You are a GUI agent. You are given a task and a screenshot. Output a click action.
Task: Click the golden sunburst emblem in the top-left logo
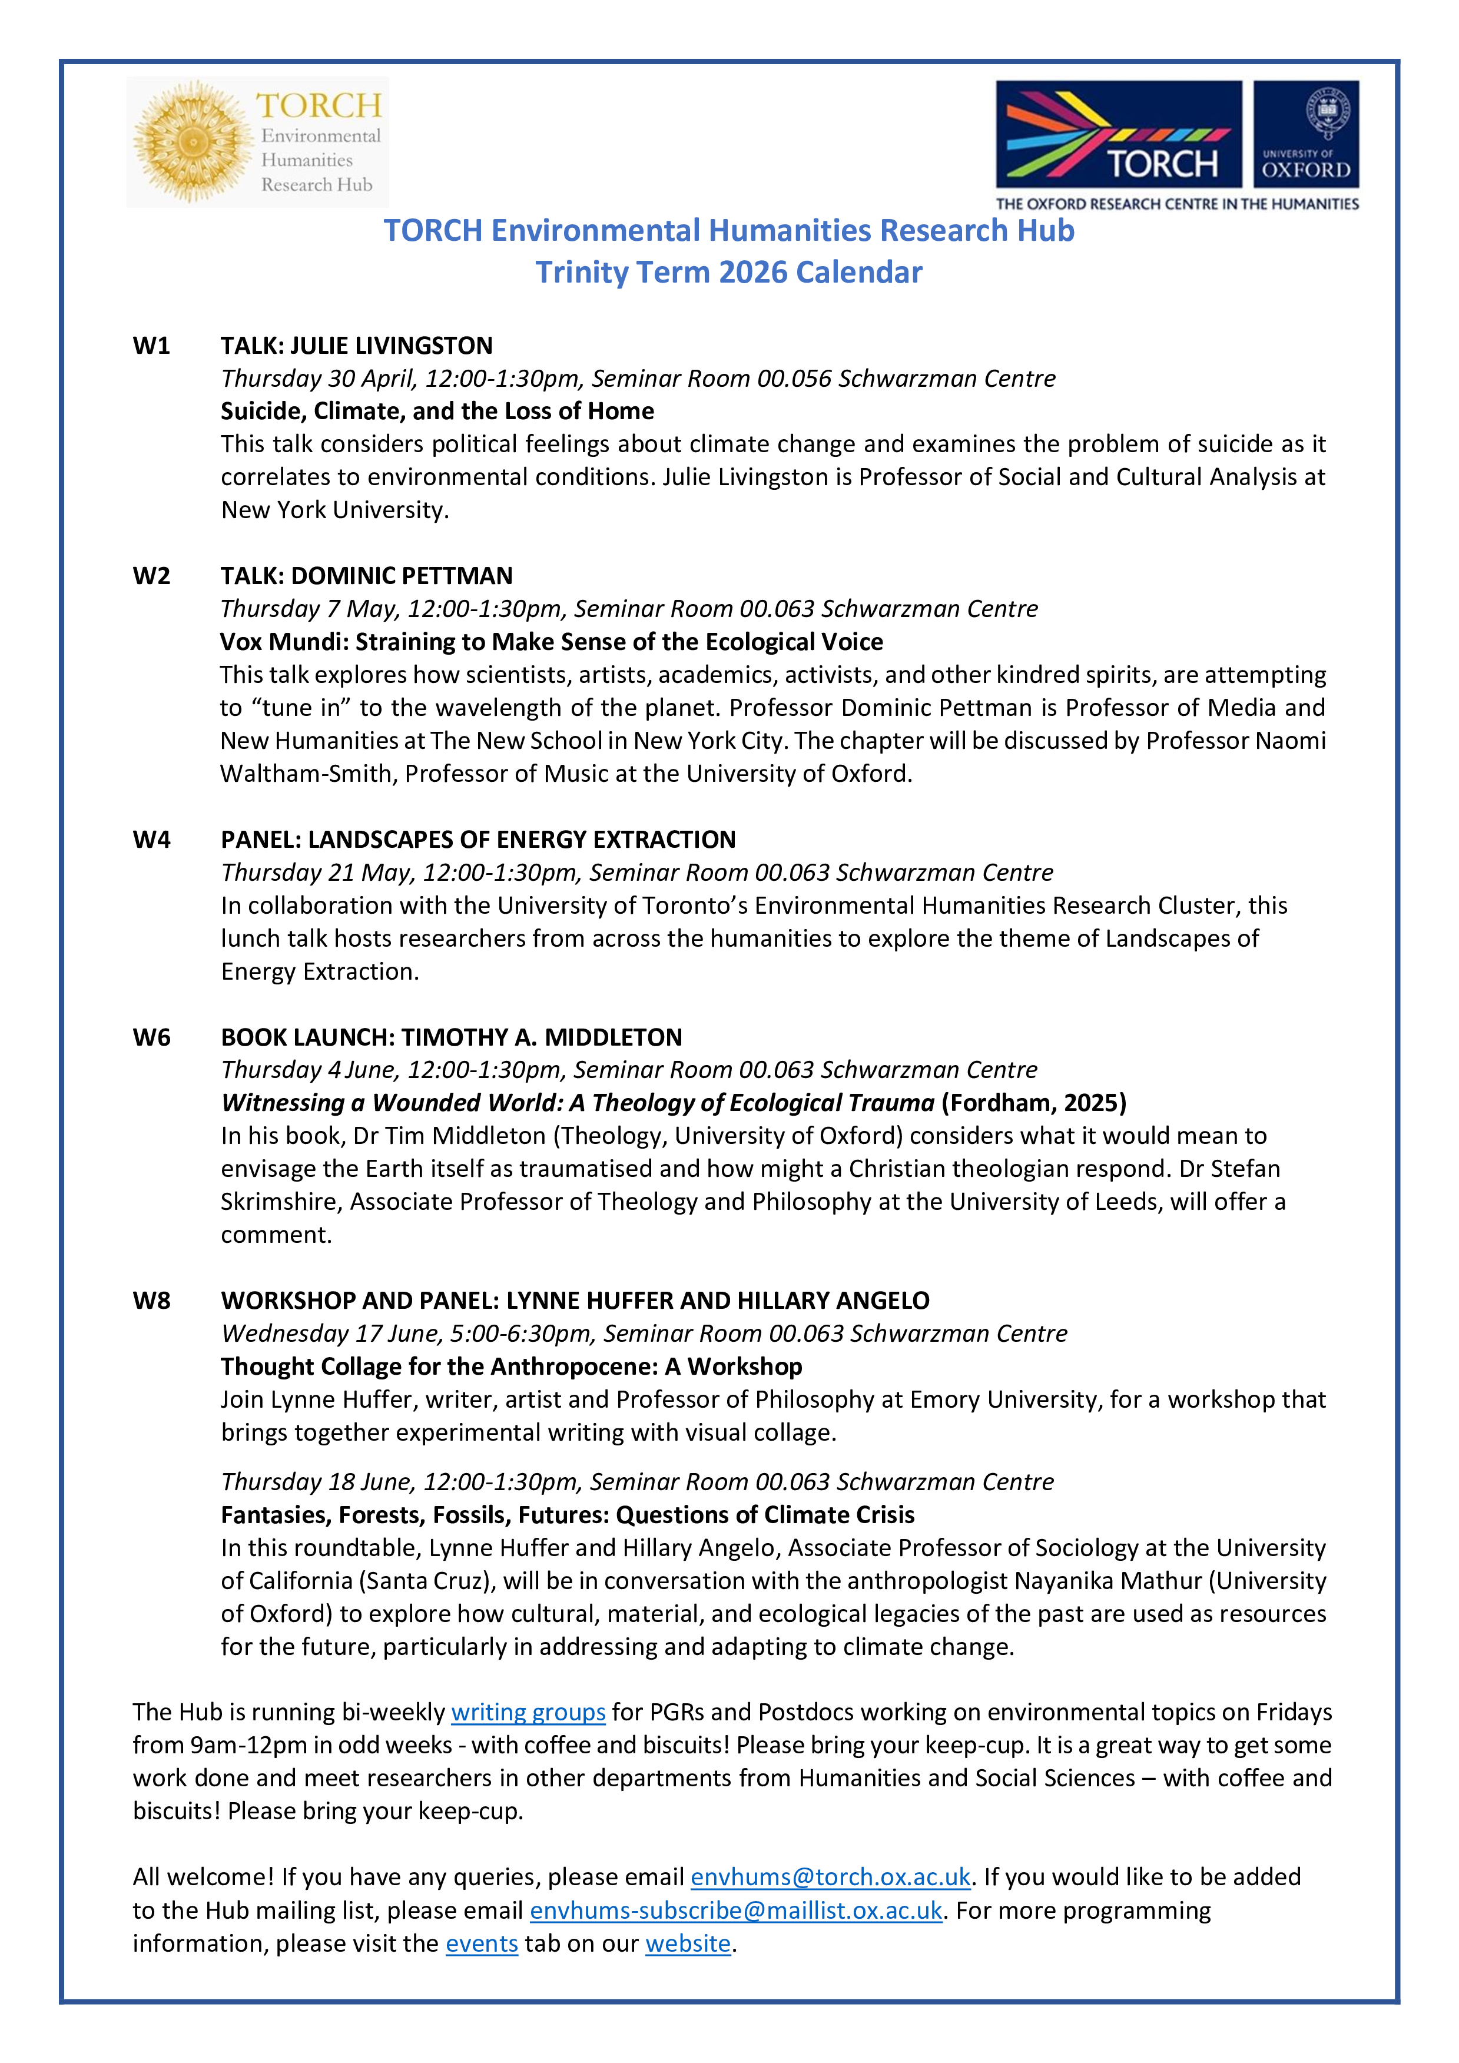pyautogui.click(x=193, y=141)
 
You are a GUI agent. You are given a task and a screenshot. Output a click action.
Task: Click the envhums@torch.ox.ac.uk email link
pyautogui.click(x=830, y=1876)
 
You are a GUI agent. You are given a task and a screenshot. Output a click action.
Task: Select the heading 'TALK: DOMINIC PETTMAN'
pyautogui.click(x=367, y=576)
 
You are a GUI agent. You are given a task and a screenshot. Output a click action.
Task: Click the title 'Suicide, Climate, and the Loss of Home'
pyautogui.click(x=437, y=412)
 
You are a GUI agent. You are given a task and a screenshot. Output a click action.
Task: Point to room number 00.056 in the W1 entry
pyautogui.click(x=794, y=379)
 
